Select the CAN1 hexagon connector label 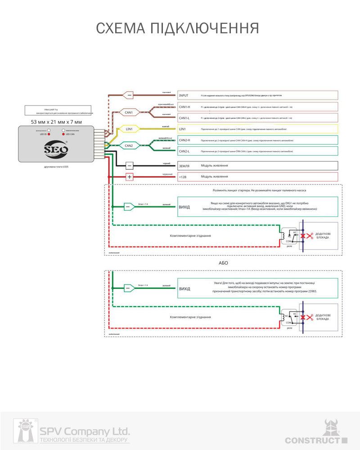tap(129, 112)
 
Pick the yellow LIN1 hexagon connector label tap(129, 129)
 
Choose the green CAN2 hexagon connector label tap(129, 146)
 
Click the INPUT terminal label tap(184, 95)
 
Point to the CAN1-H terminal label tap(185, 107)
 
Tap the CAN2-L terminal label tap(185, 151)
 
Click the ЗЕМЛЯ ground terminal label tap(184, 166)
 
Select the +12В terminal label tap(183, 177)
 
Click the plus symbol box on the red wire tap(130, 177)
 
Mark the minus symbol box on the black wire tap(129, 166)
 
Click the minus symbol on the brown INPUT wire tap(129, 95)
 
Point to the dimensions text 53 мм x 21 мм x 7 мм tap(56, 122)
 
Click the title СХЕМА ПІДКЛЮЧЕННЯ tap(178, 28)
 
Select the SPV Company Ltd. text tap(85, 430)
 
